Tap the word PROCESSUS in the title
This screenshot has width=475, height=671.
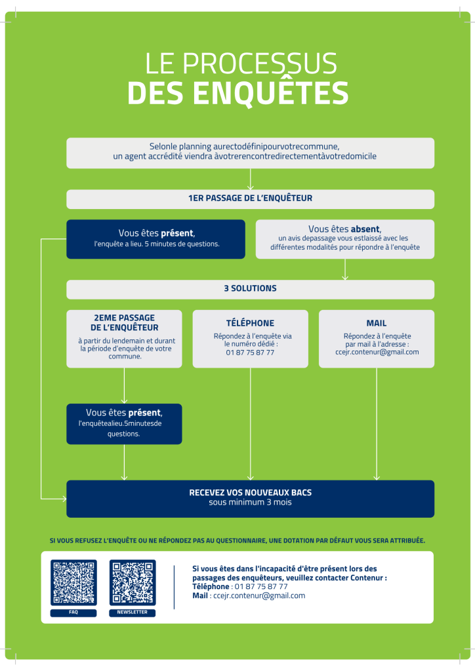[259, 64]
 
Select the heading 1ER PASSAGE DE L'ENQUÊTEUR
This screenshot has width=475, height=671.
[250, 199]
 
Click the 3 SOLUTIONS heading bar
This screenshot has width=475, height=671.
[250, 288]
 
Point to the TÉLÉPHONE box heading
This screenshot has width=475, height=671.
[250, 323]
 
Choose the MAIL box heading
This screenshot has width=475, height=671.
[377, 323]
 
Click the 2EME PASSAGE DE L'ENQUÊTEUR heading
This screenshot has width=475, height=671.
[124, 322]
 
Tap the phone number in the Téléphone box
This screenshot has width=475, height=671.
[250, 353]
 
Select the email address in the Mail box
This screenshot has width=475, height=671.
[377, 352]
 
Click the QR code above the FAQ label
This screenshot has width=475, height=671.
[73, 583]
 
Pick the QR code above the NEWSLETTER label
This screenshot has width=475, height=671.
[133, 583]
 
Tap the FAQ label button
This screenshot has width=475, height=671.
[73, 613]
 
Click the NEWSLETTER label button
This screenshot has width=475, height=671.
[133, 613]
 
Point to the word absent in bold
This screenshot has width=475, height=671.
[365, 229]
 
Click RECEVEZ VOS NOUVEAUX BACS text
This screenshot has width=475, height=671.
[250, 493]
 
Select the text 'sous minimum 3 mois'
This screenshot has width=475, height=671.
[250, 503]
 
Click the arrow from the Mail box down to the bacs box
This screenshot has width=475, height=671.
[377, 426]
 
